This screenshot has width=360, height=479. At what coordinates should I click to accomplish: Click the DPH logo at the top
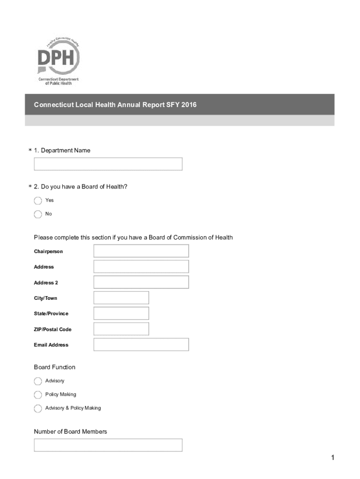coord(58,60)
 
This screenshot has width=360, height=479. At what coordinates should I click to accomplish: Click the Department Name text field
coord(108,164)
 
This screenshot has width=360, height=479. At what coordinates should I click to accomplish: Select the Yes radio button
coord(38,201)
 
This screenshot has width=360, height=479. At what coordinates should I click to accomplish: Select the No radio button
coord(38,214)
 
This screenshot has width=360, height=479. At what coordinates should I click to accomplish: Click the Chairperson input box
coord(141,251)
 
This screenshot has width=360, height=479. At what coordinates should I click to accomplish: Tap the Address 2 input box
coord(141,282)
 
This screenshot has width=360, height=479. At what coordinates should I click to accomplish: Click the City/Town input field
coord(121,298)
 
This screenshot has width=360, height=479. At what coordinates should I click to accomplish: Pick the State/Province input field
coord(121,313)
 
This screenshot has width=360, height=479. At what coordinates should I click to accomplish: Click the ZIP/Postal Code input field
coord(121,329)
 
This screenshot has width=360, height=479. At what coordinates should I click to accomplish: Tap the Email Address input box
coord(141,345)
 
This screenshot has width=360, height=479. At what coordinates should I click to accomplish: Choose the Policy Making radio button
coord(38,395)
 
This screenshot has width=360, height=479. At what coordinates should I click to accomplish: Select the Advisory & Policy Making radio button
coord(38,408)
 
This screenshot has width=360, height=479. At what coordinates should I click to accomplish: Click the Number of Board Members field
coord(108,445)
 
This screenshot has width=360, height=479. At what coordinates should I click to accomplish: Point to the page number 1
coord(333,458)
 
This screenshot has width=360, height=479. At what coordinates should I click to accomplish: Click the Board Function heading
coord(54,367)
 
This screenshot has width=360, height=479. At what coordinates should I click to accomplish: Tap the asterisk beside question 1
coord(30,151)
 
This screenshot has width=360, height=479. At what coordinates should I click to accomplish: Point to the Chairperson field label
coord(48,252)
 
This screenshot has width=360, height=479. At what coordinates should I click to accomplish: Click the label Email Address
coord(51,345)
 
